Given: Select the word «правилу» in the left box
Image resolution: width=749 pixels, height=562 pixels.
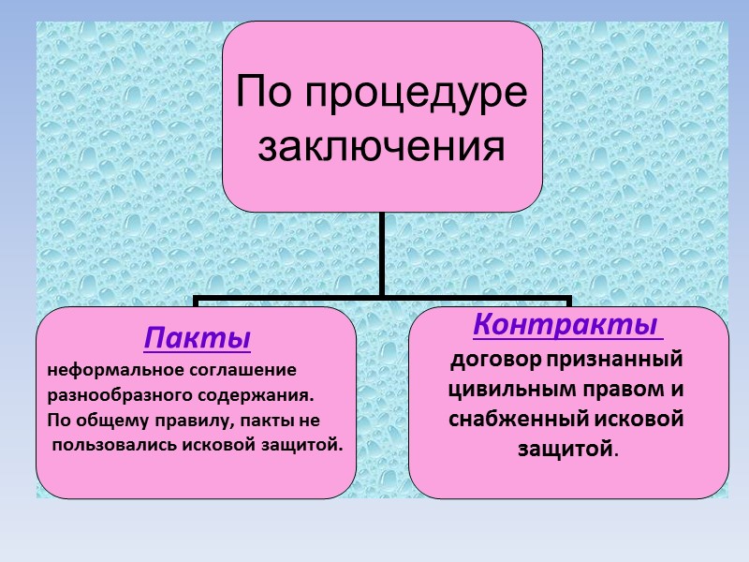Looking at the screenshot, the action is tap(192, 421).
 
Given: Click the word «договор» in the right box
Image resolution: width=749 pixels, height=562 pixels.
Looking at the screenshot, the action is tap(488, 360).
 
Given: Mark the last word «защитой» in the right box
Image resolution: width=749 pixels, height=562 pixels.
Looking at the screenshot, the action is tap(566, 450).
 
